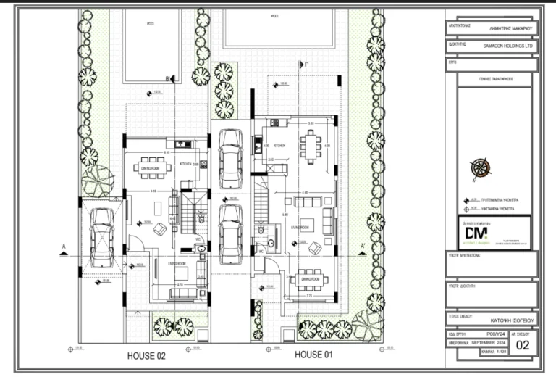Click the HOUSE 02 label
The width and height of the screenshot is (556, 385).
(x=147, y=355)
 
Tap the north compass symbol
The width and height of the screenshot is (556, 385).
(x=479, y=169)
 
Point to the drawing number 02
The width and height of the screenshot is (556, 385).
(x=526, y=345)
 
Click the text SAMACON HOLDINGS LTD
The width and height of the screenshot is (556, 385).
(x=507, y=44)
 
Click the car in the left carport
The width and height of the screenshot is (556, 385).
(x=101, y=237)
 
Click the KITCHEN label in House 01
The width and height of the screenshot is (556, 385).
(x=279, y=146)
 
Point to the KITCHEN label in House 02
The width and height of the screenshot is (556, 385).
(x=185, y=165)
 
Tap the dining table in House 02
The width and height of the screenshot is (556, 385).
(x=153, y=166)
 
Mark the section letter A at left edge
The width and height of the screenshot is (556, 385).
(x=64, y=247)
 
